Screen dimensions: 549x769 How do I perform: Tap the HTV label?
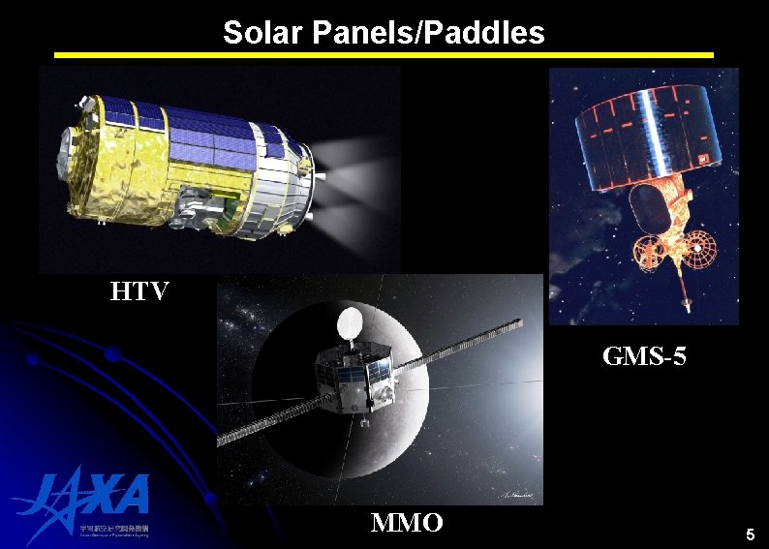point(139,290)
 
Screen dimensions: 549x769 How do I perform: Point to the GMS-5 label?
point(644,356)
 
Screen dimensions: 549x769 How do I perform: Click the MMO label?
point(407,523)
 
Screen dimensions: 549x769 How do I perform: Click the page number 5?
point(749,534)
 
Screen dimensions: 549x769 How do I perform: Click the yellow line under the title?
point(384,55)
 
